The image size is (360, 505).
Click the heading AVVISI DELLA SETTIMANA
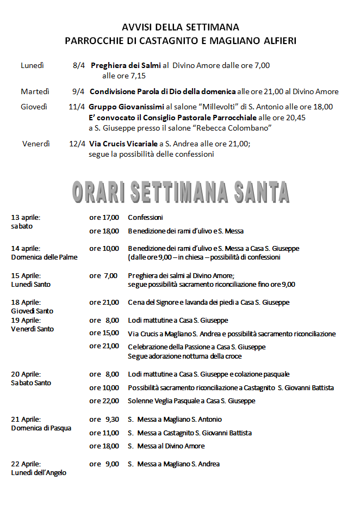(x=180, y=27)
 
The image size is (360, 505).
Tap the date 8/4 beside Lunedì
(x=78, y=65)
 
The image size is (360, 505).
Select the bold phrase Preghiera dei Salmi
(x=126, y=65)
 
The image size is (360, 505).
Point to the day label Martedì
(x=35, y=91)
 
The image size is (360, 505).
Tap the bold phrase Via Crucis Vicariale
(x=123, y=144)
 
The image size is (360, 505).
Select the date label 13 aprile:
(x=26, y=218)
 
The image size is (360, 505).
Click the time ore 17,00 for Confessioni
(x=104, y=218)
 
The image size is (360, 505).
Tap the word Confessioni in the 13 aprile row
(x=145, y=218)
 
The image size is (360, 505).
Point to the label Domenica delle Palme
(x=44, y=257)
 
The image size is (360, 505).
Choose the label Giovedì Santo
(x=32, y=311)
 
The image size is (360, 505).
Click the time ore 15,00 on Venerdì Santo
(x=104, y=333)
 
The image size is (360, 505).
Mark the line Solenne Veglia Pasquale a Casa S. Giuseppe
(x=191, y=401)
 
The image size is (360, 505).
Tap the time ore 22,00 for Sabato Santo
(x=104, y=401)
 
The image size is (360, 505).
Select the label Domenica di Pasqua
(x=41, y=428)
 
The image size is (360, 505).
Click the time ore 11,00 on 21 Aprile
(x=104, y=433)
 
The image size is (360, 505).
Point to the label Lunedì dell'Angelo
(x=39, y=473)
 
